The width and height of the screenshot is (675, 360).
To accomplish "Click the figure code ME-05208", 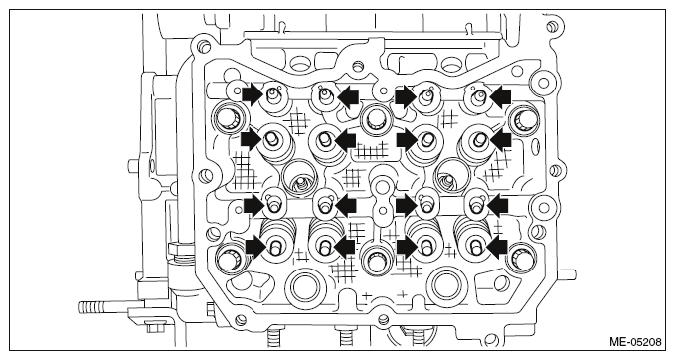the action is (x=635, y=342).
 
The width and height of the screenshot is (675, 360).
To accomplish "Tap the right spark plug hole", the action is (x=450, y=176).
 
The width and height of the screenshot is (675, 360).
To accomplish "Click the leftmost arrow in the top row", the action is (x=252, y=94).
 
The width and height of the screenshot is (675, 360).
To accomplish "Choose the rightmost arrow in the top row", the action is (x=500, y=96).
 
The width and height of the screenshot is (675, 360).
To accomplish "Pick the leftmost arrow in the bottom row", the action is (x=256, y=247).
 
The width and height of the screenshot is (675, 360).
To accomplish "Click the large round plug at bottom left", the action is (x=305, y=286).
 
